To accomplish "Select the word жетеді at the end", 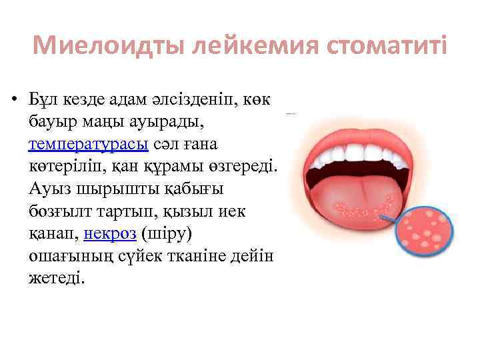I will (x=57, y=279).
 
